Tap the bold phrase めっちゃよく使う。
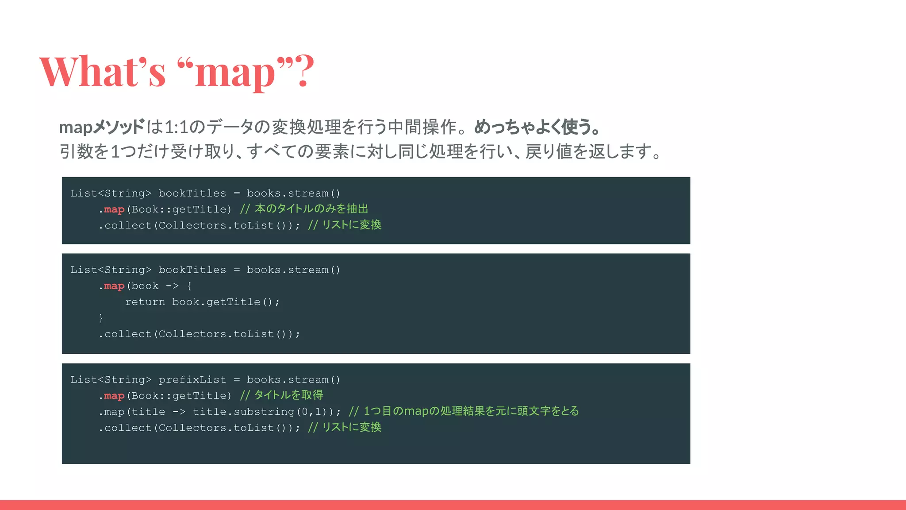tap(537, 127)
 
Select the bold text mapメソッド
tap(102, 127)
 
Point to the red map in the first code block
tap(114, 209)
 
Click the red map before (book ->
tap(114, 286)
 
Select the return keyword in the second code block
tap(145, 302)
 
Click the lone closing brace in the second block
tap(101, 318)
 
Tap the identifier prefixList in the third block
tap(192, 380)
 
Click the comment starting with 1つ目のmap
tap(464, 411)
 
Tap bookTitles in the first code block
tap(192, 193)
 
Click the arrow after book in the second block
tap(172, 286)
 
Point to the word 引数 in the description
tap(77, 151)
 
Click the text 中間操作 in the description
tap(422, 127)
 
